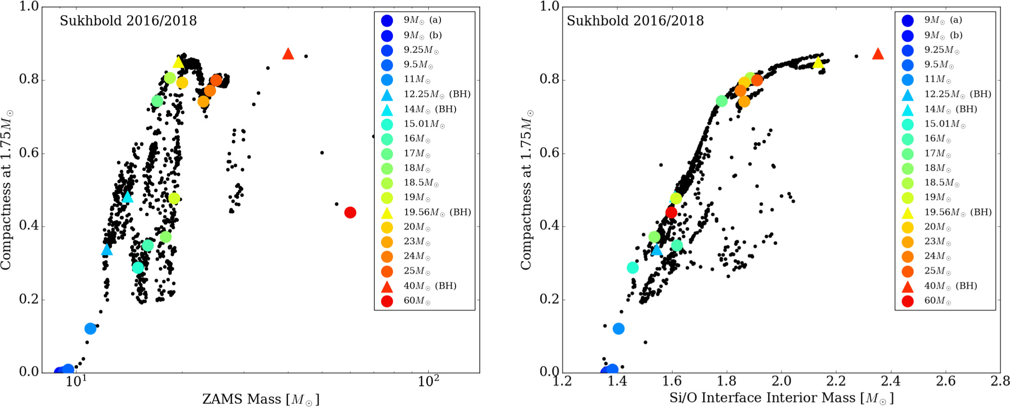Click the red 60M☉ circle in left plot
pyautogui.click(x=350, y=212)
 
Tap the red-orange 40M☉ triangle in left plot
pyautogui.click(x=288, y=54)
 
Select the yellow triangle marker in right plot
pyautogui.click(x=818, y=63)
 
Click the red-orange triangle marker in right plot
pyautogui.click(x=878, y=54)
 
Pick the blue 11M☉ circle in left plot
pyautogui.click(x=90, y=328)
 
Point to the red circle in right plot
pyautogui.click(x=671, y=212)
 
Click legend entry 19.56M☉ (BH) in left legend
pyautogui.click(x=436, y=212)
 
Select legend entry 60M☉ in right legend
pyautogui.click(x=937, y=301)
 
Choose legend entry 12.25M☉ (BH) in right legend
pyautogui.click(x=957, y=94)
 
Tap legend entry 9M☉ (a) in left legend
pyautogui.click(x=422, y=20)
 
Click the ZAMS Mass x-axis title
pyautogui.click(x=261, y=399)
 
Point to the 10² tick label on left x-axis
pyautogui.click(x=428, y=381)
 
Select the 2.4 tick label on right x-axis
pyautogui.click(x=891, y=381)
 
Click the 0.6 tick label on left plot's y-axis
pyautogui.click(x=29, y=153)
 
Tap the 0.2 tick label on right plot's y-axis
pyautogui.click(x=549, y=299)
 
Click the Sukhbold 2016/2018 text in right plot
pyautogui.click(x=635, y=21)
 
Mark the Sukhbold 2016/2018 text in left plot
pyautogui.click(x=128, y=21)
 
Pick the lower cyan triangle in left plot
pyautogui.click(x=107, y=249)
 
